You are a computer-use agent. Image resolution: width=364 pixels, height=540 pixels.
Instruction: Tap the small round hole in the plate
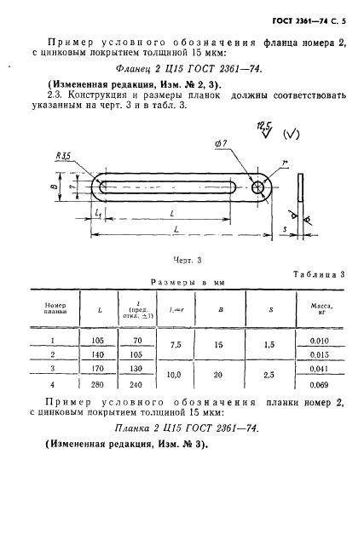pos(255,186)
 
